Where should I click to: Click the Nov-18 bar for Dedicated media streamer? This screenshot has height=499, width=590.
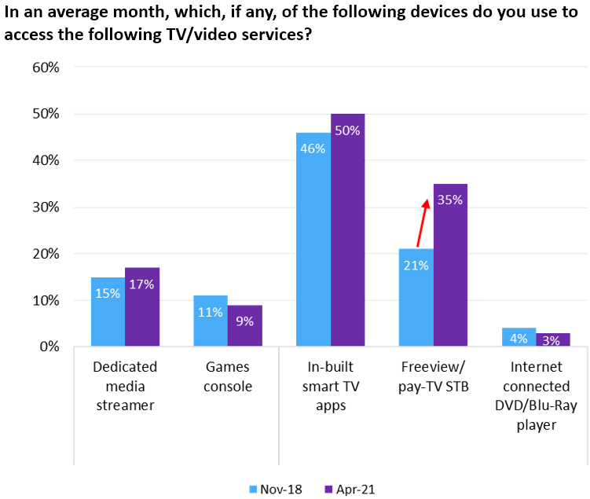pyautogui.click(x=108, y=312)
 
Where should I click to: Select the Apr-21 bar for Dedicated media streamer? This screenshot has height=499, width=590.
pyautogui.click(x=142, y=307)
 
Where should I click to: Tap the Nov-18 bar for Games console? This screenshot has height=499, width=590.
pyautogui.click(x=211, y=321)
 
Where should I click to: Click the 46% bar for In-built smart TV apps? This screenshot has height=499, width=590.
pyautogui.click(x=313, y=240)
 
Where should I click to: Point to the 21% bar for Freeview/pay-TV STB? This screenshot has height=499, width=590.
pyautogui.click(x=416, y=298)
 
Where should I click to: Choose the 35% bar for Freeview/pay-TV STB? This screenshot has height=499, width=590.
pyautogui.click(x=450, y=265)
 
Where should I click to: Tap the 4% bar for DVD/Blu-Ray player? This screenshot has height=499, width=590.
pyautogui.click(x=519, y=337)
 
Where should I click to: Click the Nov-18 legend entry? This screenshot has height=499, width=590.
pyautogui.click(x=273, y=488)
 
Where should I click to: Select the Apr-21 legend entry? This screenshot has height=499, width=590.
pyautogui.click(x=349, y=488)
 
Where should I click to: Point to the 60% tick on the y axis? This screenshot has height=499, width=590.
pyautogui.click(x=45, y=68)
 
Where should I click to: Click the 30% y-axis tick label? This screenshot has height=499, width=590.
pyautogui.click(x=45, y=207)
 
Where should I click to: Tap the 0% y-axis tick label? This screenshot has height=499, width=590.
pyautogui.click(x=48, y=347)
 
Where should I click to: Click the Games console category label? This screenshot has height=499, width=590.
pyautogui.click(x=227, y=376)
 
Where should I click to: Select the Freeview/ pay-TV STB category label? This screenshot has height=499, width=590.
pyautogui.click(x=433, y=376)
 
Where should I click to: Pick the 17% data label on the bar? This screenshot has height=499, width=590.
pyautogui.click(x=142, y=284)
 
